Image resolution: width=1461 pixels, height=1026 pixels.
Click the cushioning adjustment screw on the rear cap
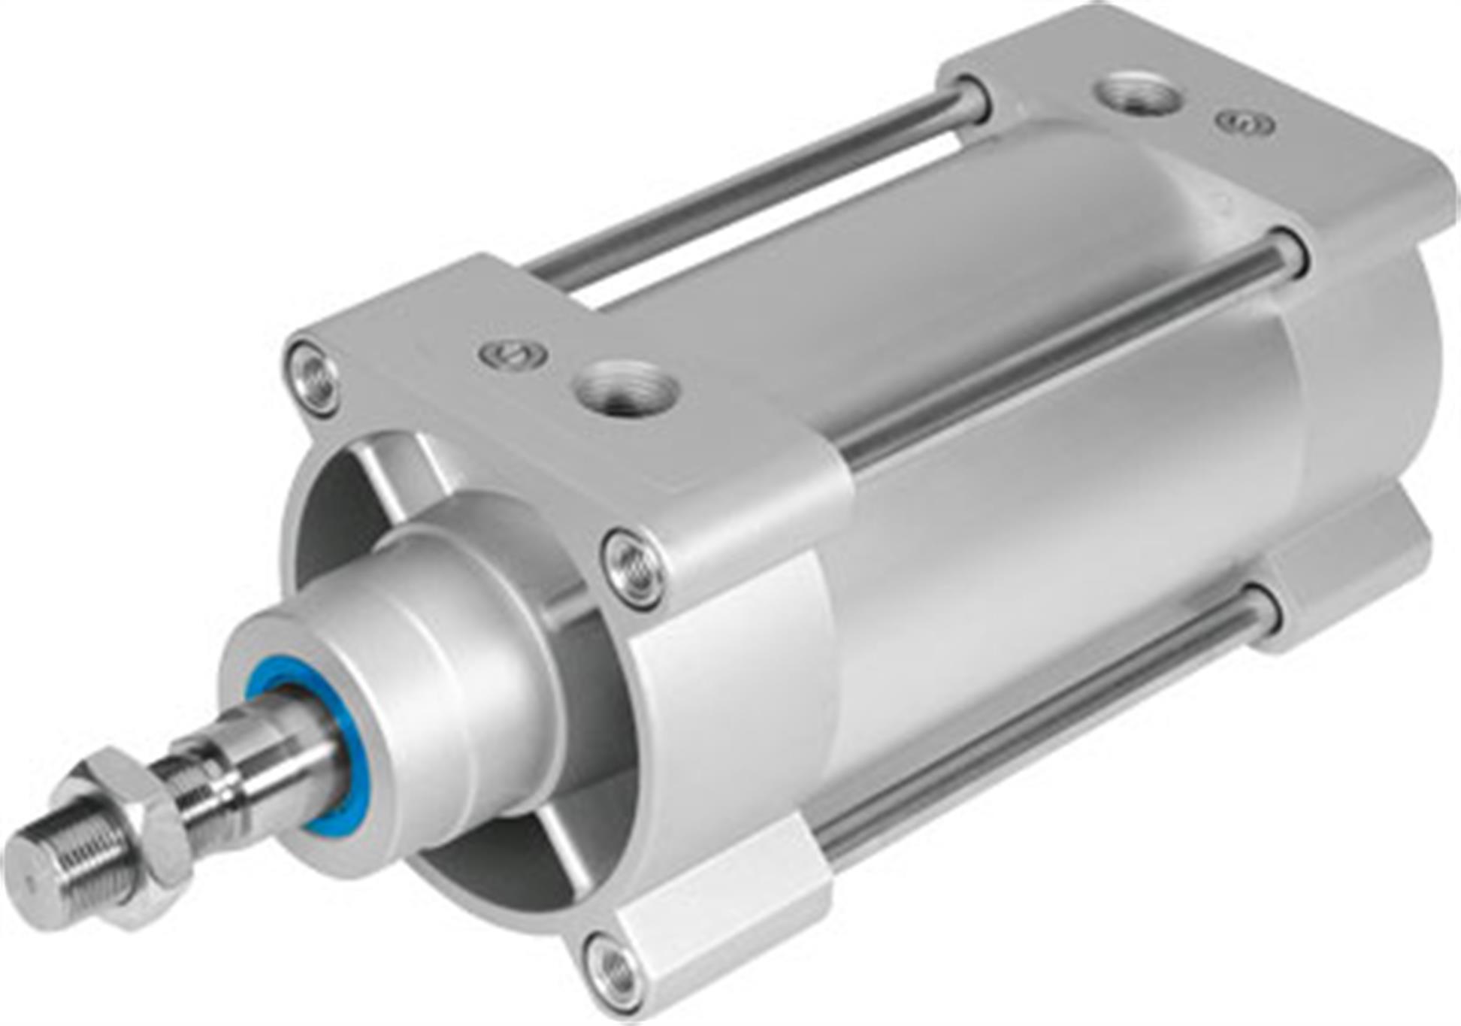[x=1246, y=123]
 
